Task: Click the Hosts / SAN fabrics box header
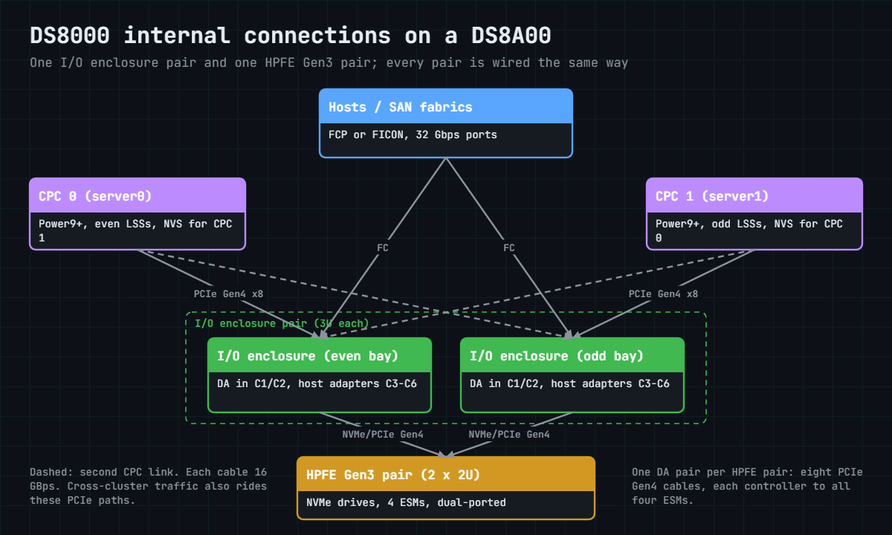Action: [446, 106]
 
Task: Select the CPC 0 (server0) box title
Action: [95, 196]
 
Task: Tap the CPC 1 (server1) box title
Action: [712, 196]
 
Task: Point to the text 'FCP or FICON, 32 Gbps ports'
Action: [413, 135]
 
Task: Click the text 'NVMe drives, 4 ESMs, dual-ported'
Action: [406, 503]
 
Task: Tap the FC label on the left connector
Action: [383, 248]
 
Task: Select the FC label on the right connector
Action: [509, 248]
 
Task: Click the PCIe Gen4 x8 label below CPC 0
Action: [229, 294]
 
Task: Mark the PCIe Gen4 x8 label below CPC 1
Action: [663, 294]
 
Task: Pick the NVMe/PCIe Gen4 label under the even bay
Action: [383, 434]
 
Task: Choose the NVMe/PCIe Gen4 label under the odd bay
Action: [509, 434]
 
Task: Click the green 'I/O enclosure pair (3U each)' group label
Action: [282, 323]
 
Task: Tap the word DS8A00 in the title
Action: [511, 36]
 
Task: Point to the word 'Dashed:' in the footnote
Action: [51, 472]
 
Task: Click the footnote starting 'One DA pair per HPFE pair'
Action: [747, 486]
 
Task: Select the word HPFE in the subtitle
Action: [280, 63]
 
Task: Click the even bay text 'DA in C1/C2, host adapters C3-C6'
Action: [317, 383]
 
